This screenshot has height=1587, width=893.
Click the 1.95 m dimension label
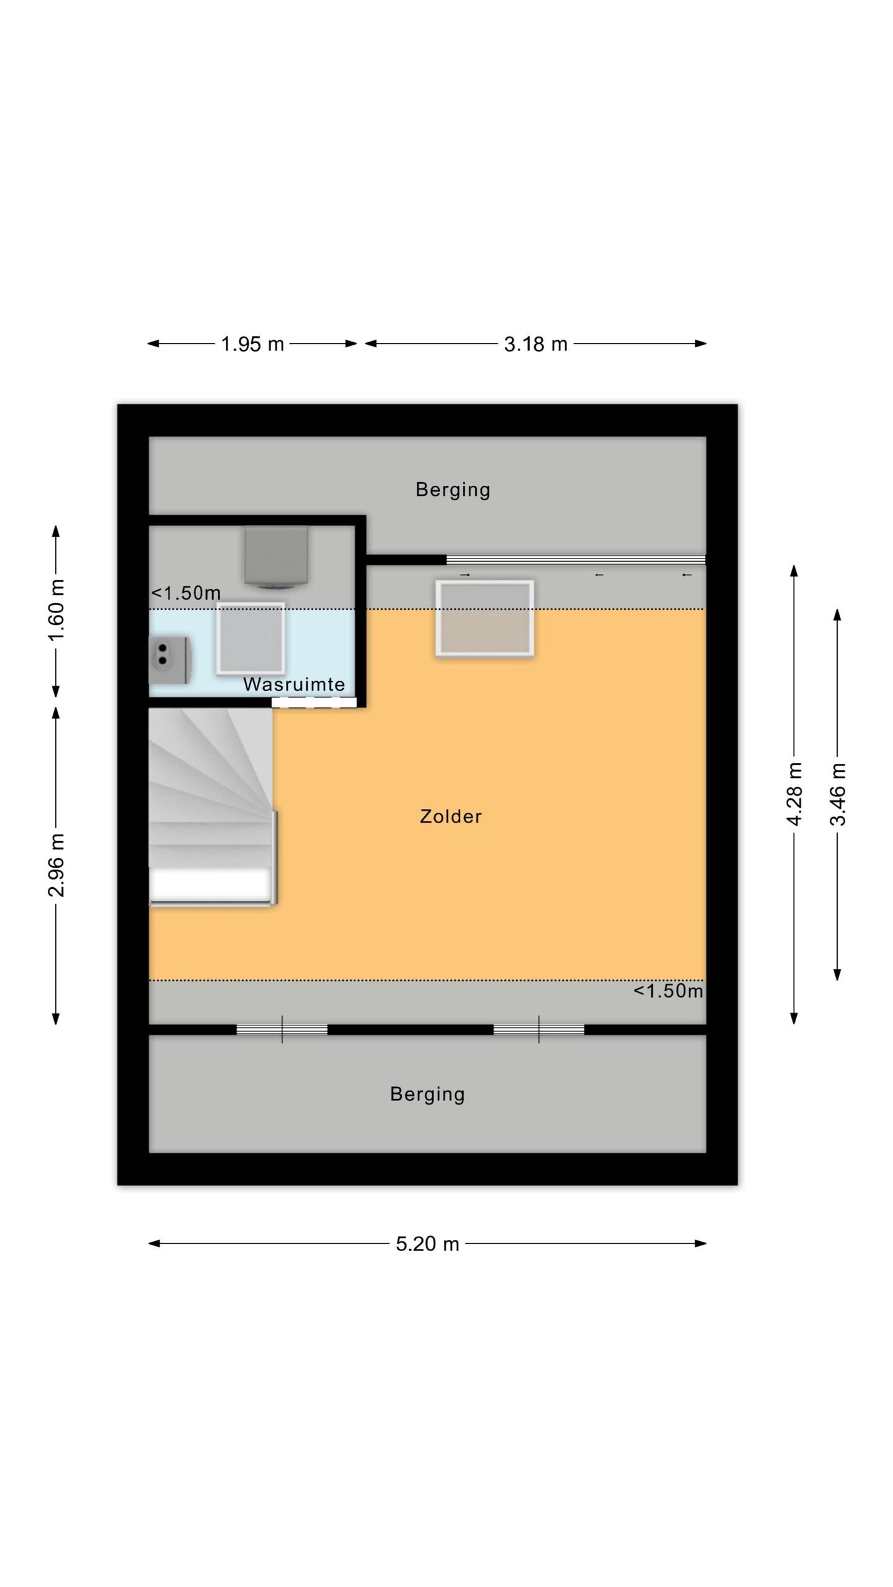coord(252,344)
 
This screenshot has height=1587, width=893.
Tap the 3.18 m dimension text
coord(536,344)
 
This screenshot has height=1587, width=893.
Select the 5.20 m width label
coord(428,1244)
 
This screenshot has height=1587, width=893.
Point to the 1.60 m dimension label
coord(56,611)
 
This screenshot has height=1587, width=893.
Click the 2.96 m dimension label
coord(56,865)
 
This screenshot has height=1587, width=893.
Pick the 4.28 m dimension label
coord(794,794)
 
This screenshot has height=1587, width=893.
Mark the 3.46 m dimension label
coord(838,794)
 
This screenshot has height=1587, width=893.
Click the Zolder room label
coord(451,816)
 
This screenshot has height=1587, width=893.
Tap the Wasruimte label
coord(294,684)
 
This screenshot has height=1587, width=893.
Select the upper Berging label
coord(453,490)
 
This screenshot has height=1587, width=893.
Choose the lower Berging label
coord(427,1095)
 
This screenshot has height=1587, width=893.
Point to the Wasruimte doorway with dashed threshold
coord(314,702)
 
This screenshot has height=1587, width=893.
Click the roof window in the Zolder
coord(485,618)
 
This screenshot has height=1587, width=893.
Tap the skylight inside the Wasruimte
coord(251,639)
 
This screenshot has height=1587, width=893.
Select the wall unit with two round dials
coord(169,660)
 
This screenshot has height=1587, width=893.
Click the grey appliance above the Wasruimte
coord(276,557)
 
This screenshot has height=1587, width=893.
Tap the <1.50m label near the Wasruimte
coord(186,593)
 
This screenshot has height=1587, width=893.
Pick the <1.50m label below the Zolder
coord(669,991)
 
